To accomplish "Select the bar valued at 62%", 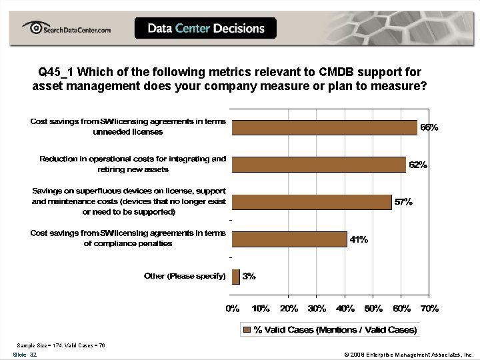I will point(318,164).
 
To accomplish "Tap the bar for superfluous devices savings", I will point(311,201).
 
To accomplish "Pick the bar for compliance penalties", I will point(289,239).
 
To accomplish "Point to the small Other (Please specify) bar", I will point(235,276).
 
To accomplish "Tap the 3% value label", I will point(249,276).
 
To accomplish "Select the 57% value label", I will point(403,202).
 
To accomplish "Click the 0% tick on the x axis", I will point(232,309).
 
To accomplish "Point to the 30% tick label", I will point(317,309).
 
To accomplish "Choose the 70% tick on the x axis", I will point(429,309).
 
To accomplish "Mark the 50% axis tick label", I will point(373,309).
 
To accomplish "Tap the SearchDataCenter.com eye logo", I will point(32,28).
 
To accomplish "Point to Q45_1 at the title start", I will point(57,71).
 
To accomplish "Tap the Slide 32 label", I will point(25,355).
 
